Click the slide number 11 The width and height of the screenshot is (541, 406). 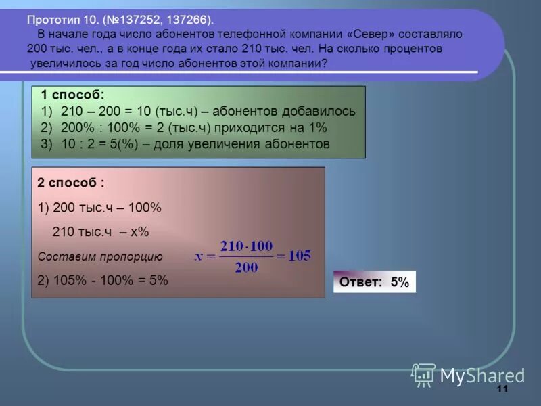(502, 388)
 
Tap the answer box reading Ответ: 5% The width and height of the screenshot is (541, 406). (374, 282)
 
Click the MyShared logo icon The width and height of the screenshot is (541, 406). (424, 375)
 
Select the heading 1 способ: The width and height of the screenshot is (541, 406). (73, 95)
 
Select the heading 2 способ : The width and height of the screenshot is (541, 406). (71, 183)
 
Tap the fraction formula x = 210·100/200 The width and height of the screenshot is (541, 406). (252, 256)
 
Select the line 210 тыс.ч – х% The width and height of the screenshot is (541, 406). (100, 232)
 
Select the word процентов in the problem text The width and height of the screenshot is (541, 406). (409, 49)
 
